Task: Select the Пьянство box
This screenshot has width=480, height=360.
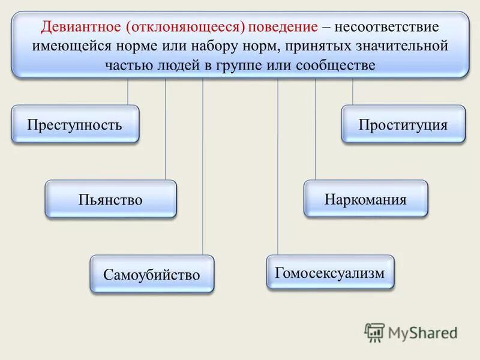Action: (111, 199)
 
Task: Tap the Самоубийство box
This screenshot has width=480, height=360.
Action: (152, 274)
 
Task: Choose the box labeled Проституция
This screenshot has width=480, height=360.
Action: (403, 124)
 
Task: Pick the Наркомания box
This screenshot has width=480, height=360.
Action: (365, 198)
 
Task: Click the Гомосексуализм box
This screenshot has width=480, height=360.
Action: (330, 272)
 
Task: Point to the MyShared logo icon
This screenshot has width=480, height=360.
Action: (374, 332)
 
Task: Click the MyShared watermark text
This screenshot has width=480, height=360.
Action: (423, 332)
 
